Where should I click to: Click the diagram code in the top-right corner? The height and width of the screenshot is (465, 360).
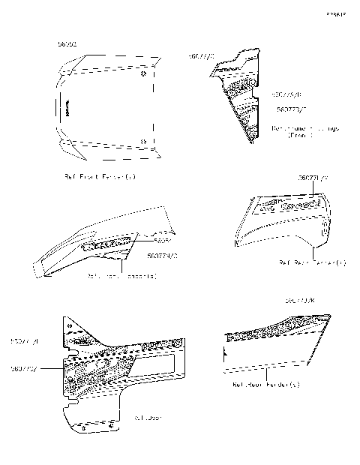[x=335, y=14]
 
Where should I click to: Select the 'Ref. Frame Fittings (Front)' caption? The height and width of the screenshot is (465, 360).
[x=304, y=132]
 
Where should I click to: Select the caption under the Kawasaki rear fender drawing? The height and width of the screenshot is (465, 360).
[x=312, y=262]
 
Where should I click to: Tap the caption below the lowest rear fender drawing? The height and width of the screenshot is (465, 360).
[x=266, y=385]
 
